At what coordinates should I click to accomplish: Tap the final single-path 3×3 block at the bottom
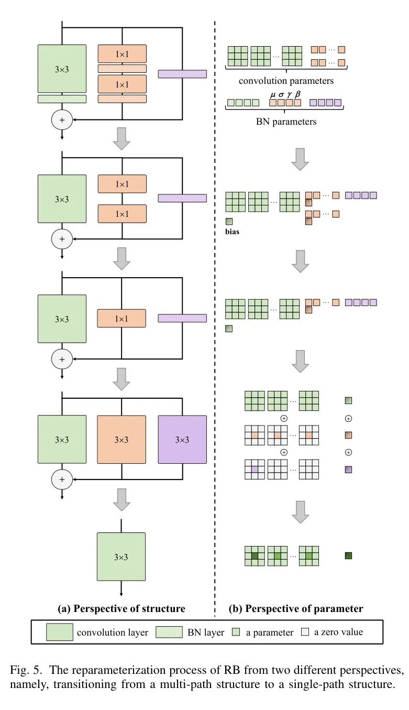coord(121,556)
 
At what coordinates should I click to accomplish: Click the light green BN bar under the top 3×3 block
coord(62,99)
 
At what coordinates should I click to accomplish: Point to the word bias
coord(232,231)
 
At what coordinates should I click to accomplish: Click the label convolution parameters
coord(286,81)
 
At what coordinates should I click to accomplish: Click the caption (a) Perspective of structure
coord(121,608)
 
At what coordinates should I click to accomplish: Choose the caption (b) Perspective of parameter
coord(296,608)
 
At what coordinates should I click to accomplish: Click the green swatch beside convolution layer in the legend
coord(59,632)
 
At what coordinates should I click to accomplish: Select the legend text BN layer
coord(205,632)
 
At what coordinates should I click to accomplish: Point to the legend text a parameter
coord(270,632)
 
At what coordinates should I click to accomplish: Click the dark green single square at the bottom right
coord(348,555)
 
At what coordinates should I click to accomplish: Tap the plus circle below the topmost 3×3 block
coord(62,120)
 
